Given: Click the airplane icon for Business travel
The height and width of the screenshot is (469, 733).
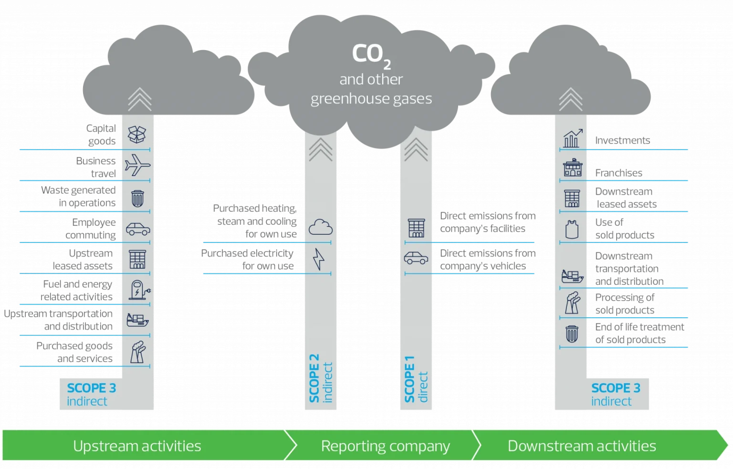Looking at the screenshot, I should click(x=137, y=166).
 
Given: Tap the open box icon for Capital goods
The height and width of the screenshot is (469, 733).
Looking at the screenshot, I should click(x=137, y=135).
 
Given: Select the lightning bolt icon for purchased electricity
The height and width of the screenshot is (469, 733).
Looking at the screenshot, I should click(x=318, y=259).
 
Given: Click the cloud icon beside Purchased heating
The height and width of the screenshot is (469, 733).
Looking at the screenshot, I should click(x=320, y=227).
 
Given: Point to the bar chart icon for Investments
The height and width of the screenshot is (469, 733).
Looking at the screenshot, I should click(x=573, y=138).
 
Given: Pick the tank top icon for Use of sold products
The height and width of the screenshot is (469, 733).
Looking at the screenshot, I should click(x=572, y=229).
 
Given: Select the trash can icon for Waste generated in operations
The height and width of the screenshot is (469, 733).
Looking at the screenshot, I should click(x=137, y=198).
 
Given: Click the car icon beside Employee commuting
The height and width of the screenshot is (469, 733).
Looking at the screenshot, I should click(x=138, y=229).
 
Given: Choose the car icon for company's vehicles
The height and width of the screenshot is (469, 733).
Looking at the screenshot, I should click(x=416, y=258).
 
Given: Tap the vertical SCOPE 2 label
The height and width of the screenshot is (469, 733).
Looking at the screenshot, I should click(x=314, y=378).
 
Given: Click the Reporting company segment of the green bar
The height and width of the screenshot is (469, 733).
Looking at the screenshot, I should click(x=385, y=446).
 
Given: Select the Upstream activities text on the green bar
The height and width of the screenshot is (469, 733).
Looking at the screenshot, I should click(x=137, y=446).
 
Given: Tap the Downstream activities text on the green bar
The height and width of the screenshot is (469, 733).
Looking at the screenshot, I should click(x=581, y=446).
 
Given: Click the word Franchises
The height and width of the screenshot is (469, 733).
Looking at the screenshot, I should click(x=618, y=173).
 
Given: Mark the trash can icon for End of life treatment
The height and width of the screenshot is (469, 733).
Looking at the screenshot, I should click(x=572, y=334).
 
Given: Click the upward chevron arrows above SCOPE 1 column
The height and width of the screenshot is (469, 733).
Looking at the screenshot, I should click(x=416, y=149).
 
